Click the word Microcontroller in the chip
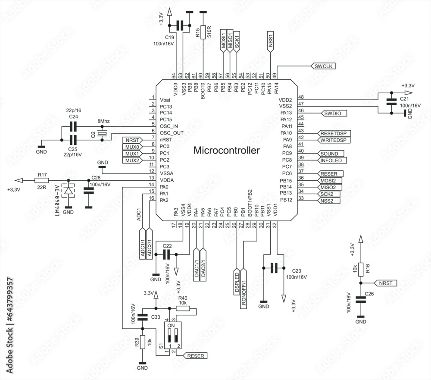227,151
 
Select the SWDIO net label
334,113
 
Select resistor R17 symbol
42,180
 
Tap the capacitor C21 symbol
391,102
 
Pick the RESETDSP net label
334,133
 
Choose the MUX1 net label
132,154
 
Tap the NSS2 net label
328,201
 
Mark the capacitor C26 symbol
361,301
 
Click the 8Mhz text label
103,122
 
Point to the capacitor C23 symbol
273,268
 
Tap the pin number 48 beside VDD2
301,97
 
